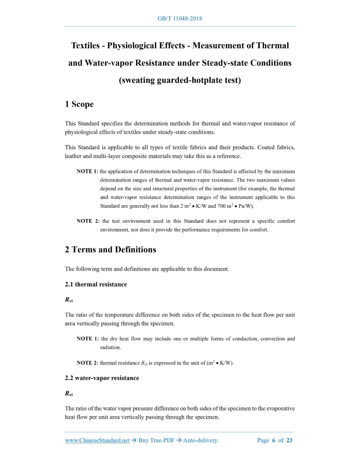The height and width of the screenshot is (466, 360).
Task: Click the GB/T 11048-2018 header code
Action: [x=180, y=19]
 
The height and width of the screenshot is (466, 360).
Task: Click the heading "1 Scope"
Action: [x=79, y=104]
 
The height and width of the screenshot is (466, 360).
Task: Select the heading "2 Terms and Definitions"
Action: [x=111, y=249]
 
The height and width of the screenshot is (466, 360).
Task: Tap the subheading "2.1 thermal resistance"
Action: [x=96, y=284]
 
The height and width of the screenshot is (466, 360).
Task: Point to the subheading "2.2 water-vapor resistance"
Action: [x=102, y=378]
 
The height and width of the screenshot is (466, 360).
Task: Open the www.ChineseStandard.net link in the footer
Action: [x=97, y=440]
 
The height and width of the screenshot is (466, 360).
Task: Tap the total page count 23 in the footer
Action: [x=290, y=440]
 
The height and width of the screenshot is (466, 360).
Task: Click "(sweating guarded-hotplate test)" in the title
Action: [x=180, y=80]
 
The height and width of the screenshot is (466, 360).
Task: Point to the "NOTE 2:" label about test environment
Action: [x=88, y=221]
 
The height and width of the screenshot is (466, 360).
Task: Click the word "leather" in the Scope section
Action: [x=76, y=156]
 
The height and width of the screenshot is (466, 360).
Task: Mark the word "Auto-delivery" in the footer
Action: [x=197, y=440]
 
